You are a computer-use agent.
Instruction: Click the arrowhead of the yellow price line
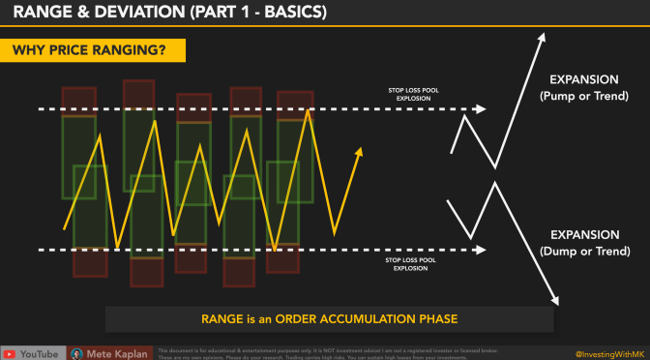click(359, 151)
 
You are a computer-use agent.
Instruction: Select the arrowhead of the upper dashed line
click(482, 109)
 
